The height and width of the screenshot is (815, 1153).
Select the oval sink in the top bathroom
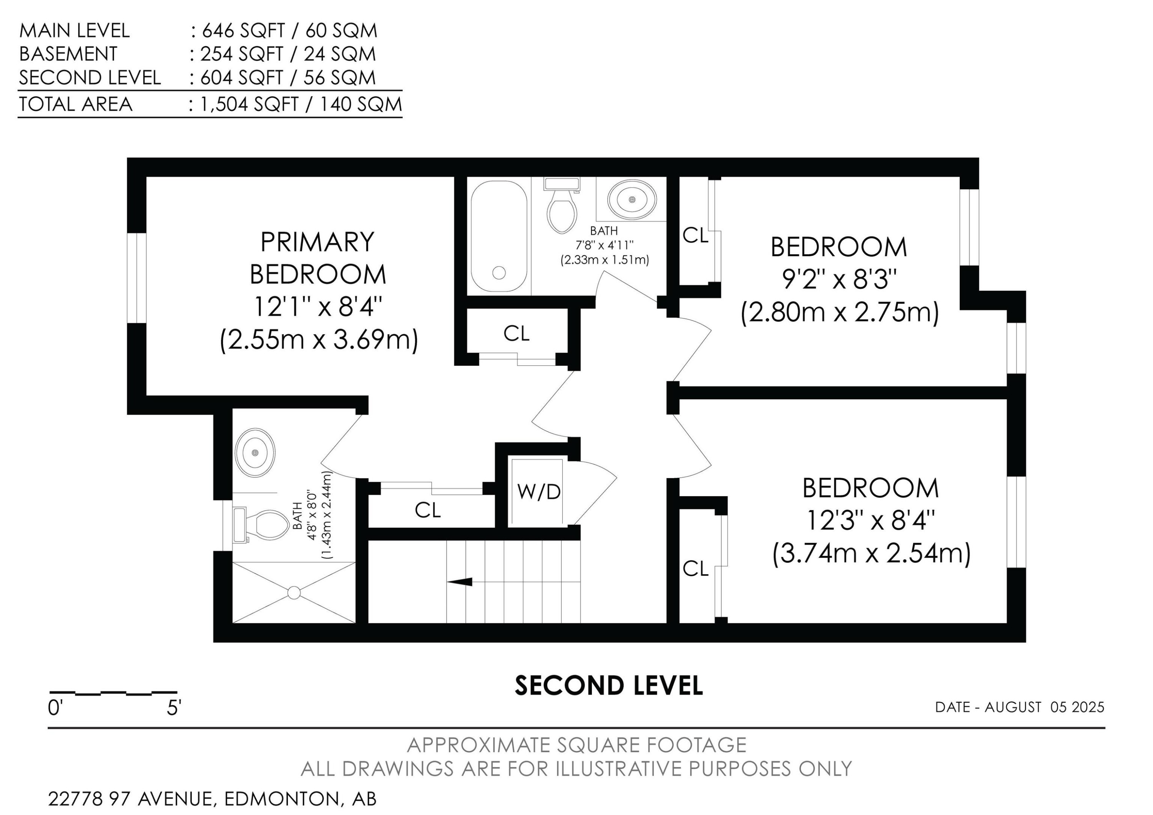pyautogui.click(x=632, y=200)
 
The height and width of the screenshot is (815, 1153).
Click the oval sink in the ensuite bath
pyautogui.click(x=255, y=453)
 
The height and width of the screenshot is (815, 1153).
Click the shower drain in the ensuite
pyautogui.click(x=294, y=593)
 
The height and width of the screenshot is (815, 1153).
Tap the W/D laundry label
pyautogui.click(x=539, y=492)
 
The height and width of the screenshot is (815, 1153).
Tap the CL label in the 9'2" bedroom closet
pyautogui.click(x=696, y=235)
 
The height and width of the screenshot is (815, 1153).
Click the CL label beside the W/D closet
pyautogui.click(x=428, y=510)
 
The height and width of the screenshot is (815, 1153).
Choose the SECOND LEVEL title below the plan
pyautogui.click(x=609, y=685)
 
